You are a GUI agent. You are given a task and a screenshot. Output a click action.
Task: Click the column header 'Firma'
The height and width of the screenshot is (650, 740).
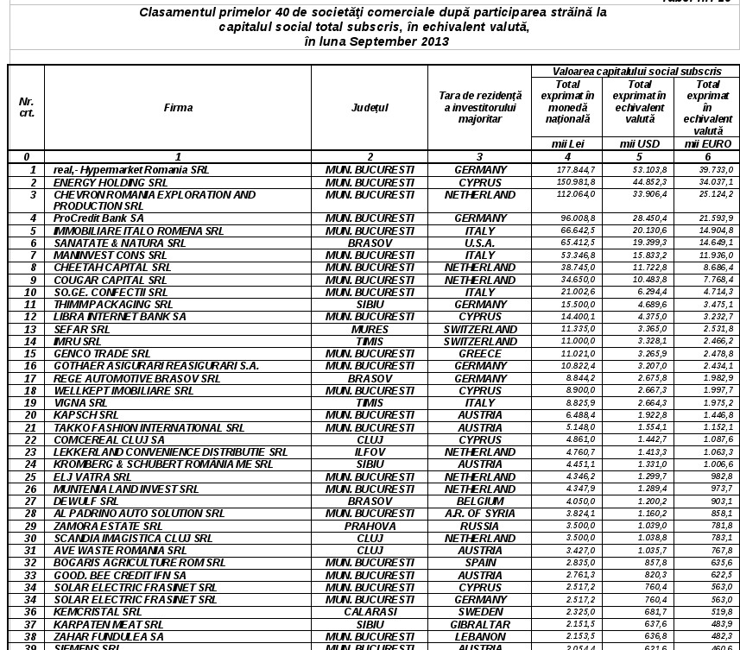coord(178,108)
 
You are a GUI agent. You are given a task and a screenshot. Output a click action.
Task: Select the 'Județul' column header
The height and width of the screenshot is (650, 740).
coord(370,108)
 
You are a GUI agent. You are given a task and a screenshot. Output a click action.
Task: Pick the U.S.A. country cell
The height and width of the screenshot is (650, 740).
coord(480,243)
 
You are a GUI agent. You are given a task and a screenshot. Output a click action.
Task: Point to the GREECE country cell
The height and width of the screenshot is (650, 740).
coord(480,354)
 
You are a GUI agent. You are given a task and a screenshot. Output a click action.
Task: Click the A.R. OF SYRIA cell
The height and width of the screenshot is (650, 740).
coord(480,513)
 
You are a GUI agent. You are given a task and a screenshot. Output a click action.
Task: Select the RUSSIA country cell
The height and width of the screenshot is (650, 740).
coord(480,526)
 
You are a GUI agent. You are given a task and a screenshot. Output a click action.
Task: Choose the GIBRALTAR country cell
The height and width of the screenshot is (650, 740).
coord(480,624)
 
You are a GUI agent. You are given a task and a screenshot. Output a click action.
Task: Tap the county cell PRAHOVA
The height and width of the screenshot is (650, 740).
coord(370,526)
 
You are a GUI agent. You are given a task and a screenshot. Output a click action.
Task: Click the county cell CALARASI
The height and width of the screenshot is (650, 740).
coord(370,611)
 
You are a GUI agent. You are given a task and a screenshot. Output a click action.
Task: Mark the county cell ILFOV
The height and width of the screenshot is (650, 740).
coord(370,451)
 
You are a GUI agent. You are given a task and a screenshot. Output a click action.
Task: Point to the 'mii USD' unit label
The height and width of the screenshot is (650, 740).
coord(640,144)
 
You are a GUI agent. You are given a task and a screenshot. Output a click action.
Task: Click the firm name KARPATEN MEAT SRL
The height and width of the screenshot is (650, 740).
coord(108,624)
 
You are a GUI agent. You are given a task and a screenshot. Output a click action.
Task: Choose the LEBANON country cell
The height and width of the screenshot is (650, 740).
coord(480,636)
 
